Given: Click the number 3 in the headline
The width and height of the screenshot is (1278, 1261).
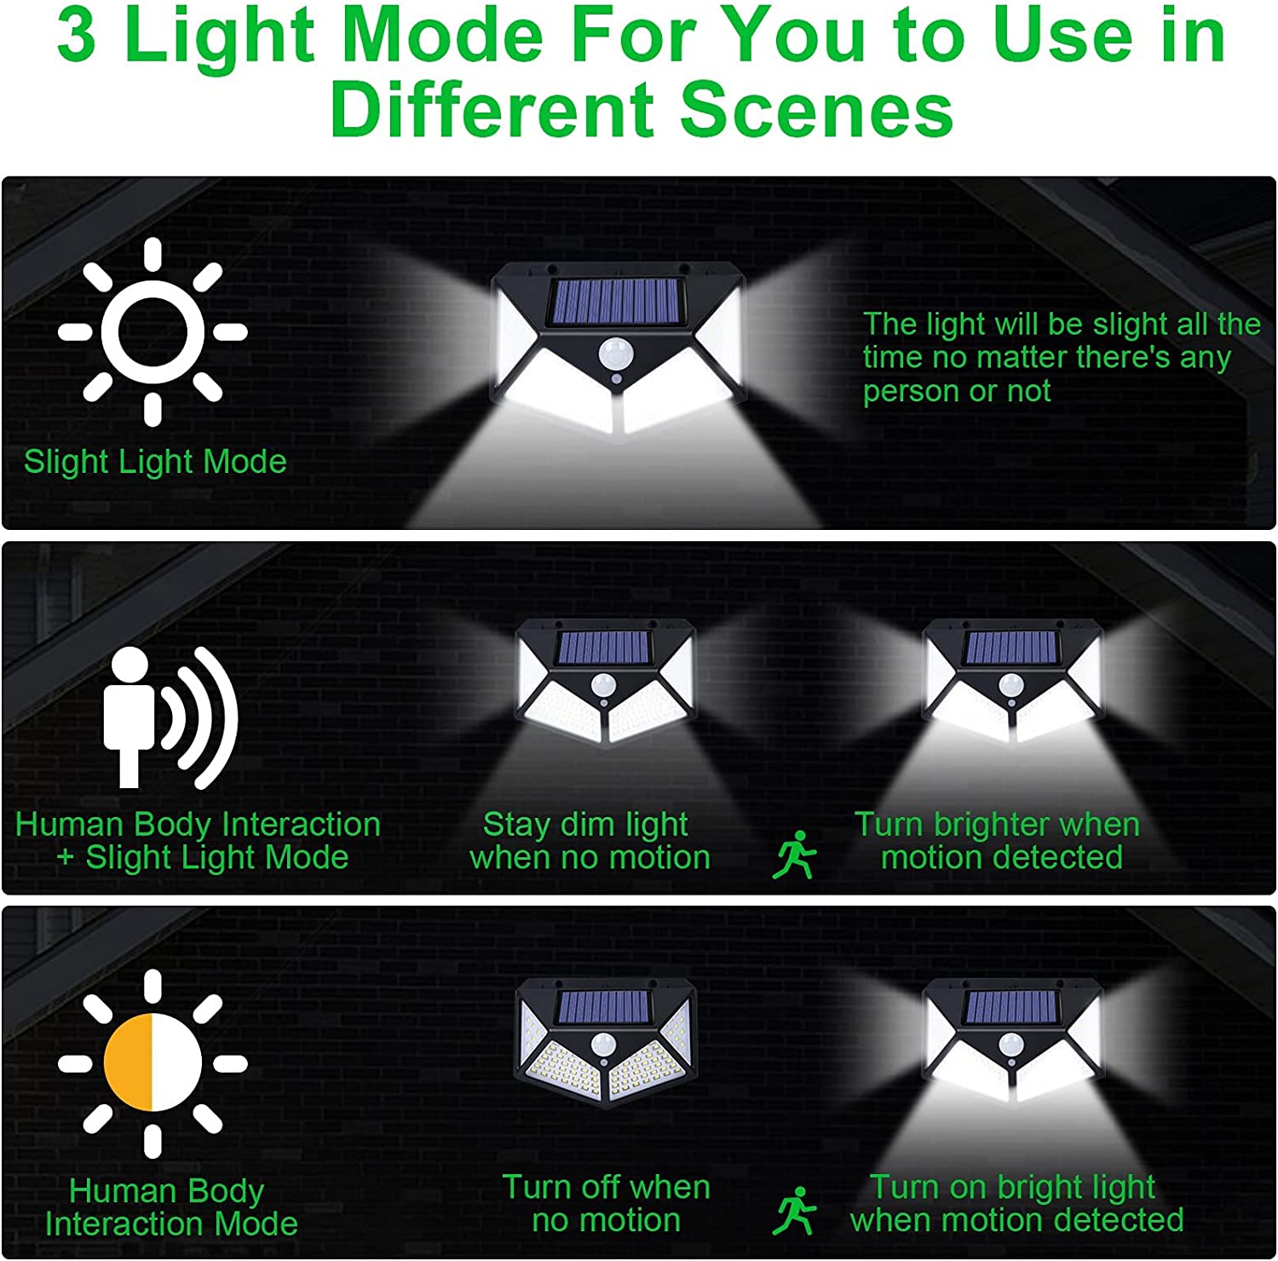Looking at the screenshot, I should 77,36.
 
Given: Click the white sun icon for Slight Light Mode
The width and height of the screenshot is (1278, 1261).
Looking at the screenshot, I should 153,331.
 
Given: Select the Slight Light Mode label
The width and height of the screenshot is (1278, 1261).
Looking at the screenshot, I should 155,462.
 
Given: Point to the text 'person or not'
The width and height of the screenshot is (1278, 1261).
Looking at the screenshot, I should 957,391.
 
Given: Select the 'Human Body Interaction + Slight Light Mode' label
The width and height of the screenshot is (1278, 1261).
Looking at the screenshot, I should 199,840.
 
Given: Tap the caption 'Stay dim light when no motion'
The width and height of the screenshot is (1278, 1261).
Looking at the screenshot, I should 590,840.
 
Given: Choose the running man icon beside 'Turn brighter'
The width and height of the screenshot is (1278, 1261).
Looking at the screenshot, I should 794,855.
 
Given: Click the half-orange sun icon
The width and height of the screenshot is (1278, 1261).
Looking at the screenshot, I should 153,1062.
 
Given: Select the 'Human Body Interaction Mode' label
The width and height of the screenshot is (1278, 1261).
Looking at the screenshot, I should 170,1206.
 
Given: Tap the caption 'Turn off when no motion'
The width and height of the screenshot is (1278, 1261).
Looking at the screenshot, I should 606,1203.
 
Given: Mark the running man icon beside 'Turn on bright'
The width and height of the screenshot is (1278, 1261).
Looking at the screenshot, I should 794,1211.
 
